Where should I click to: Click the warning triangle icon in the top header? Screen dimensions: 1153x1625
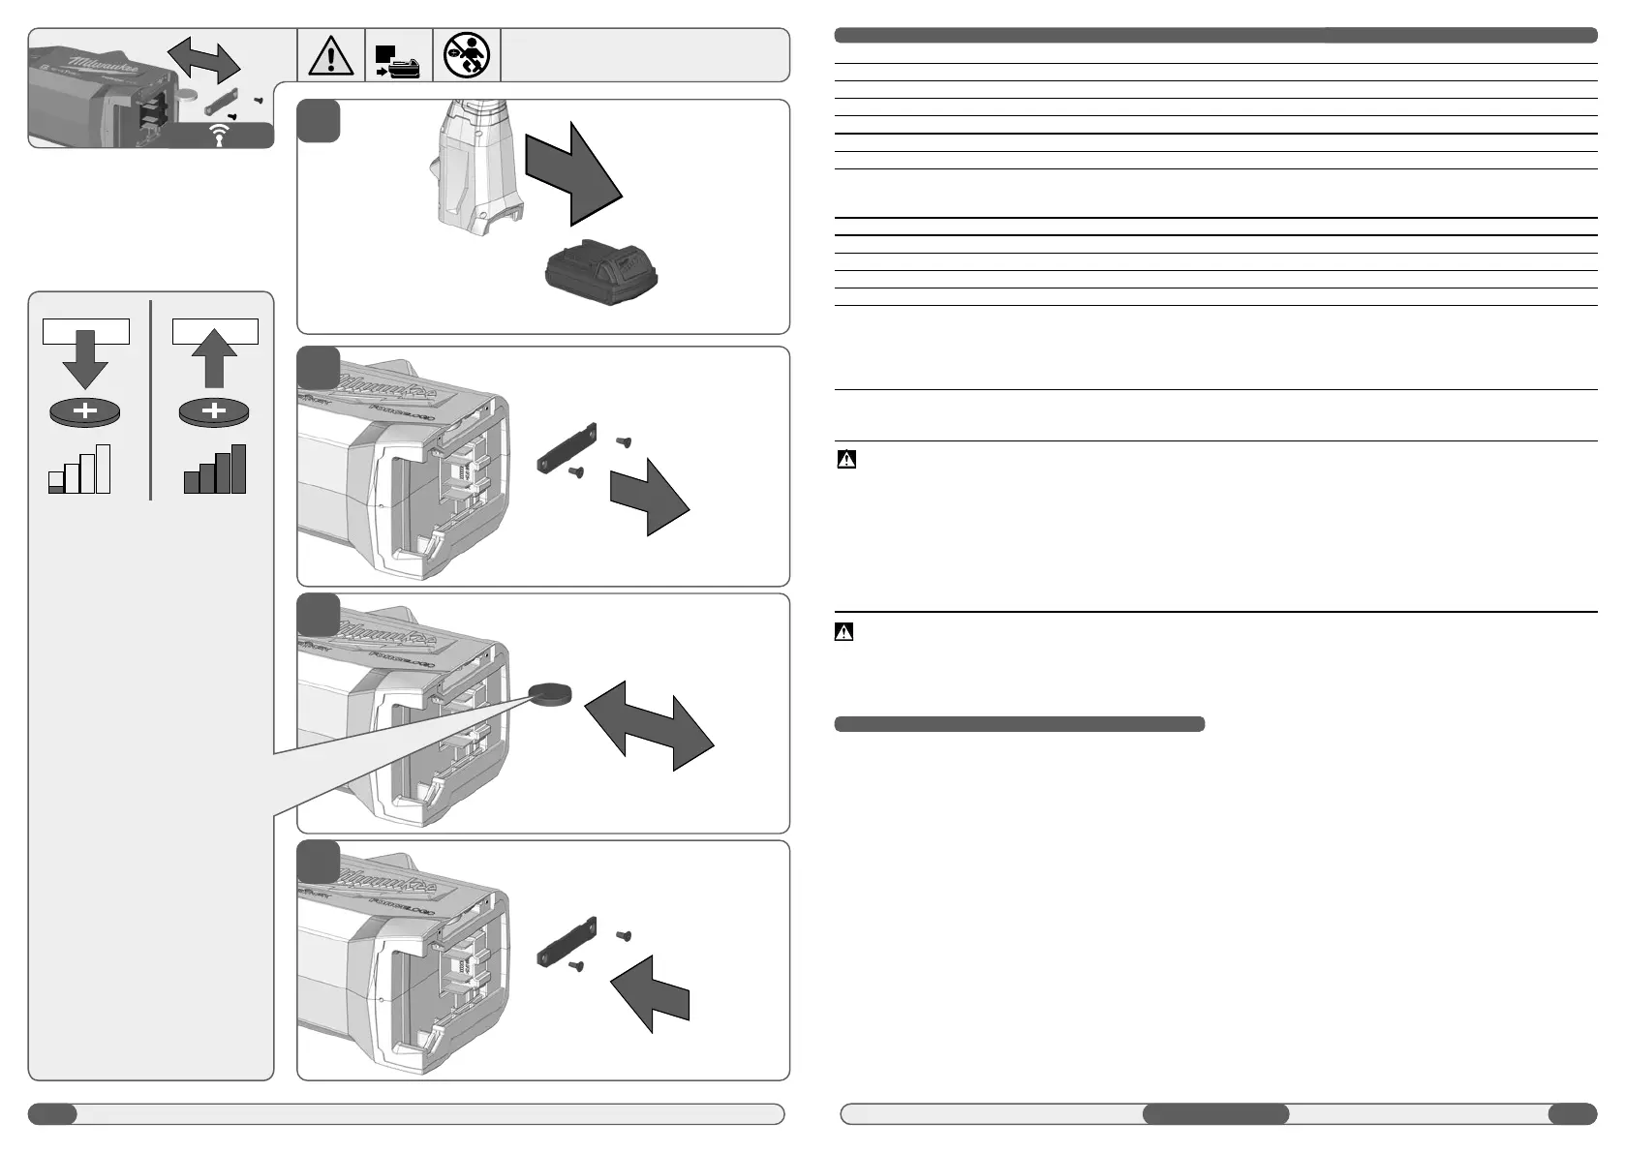[x=331, y=55]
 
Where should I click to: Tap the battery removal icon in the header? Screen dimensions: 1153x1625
[x=398, y=61]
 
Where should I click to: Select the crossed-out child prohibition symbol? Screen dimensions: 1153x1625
[x=467, y=54]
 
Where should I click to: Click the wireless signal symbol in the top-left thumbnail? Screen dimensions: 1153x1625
[x=221, y=137]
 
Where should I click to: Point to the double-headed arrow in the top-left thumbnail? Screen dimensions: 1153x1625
[x=203, y=60]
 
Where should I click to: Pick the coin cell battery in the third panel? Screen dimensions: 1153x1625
[x=550, y=692]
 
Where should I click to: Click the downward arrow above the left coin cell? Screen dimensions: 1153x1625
[x=85, y=359]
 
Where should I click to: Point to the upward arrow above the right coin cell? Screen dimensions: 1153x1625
[x=215, y=357]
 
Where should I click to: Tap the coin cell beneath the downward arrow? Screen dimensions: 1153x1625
[x=85, y=412]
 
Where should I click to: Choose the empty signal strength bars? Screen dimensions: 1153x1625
[x=79, y=470]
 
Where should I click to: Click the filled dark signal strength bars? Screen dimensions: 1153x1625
[x=215, y=470]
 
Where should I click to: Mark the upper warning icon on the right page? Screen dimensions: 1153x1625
[x=846, y=459]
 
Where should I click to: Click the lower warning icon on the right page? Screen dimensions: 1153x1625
[x=844, y=632]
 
